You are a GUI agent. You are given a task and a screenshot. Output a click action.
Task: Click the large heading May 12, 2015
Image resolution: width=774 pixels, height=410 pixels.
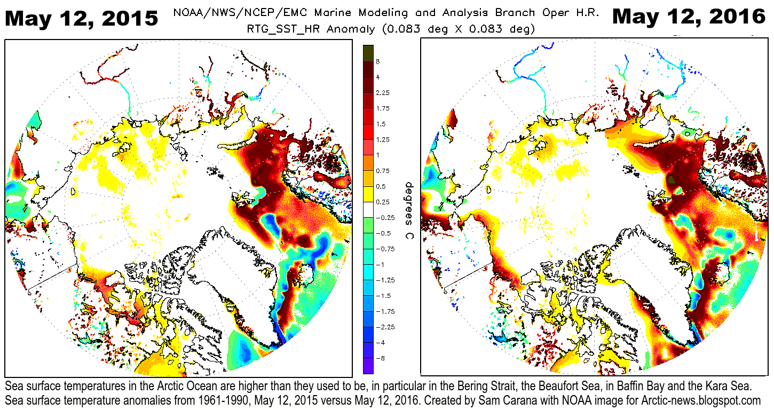click(x=82, y=18)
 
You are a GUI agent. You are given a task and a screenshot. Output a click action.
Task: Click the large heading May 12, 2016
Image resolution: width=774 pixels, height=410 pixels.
click(x=689, y=17)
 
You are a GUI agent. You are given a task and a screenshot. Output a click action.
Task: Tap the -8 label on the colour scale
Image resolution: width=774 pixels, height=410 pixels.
click(x=380, y=357)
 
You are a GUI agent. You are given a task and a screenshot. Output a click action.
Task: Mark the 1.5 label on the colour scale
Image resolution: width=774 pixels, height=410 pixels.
click(x=381, y=124)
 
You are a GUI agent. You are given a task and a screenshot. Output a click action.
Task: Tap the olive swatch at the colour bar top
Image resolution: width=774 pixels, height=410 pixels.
click(x=368, y=53)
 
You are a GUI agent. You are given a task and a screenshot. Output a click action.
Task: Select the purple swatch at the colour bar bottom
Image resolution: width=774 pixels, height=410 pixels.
click(x=368, y=366)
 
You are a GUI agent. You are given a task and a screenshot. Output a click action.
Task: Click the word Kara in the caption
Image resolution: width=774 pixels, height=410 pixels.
click(x=723, y=385)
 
